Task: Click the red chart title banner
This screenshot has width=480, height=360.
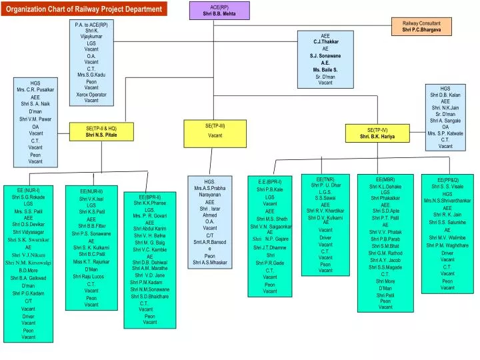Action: [x=84, y=9]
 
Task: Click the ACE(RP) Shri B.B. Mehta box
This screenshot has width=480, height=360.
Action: [x=219, y=10]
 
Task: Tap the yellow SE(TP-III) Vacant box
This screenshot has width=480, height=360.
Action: [x=215, y=131]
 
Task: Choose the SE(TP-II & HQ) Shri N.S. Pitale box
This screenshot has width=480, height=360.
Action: [x=101, y=131]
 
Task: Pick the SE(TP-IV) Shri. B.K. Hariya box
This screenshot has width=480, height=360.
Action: [x=377, y=133]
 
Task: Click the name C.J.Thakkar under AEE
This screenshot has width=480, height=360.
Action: [x=326, y=41]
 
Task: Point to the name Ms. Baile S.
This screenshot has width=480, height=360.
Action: [x=325, y=69]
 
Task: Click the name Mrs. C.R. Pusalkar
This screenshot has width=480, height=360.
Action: [x=35, y=89]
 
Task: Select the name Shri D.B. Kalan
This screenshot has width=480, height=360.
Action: [x=445, y=95]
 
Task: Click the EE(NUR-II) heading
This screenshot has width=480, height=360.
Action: [x=91, y=191]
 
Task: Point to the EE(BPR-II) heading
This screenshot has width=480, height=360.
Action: [x=149, y=197]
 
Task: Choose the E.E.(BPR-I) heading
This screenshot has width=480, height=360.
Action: [x=269, y=181]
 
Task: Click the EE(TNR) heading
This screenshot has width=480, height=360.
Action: [x=325, y=179]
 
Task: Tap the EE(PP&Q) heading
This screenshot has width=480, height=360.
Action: [x=447, y=180]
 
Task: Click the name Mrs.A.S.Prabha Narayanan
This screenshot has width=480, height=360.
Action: [x=210, y=192]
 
